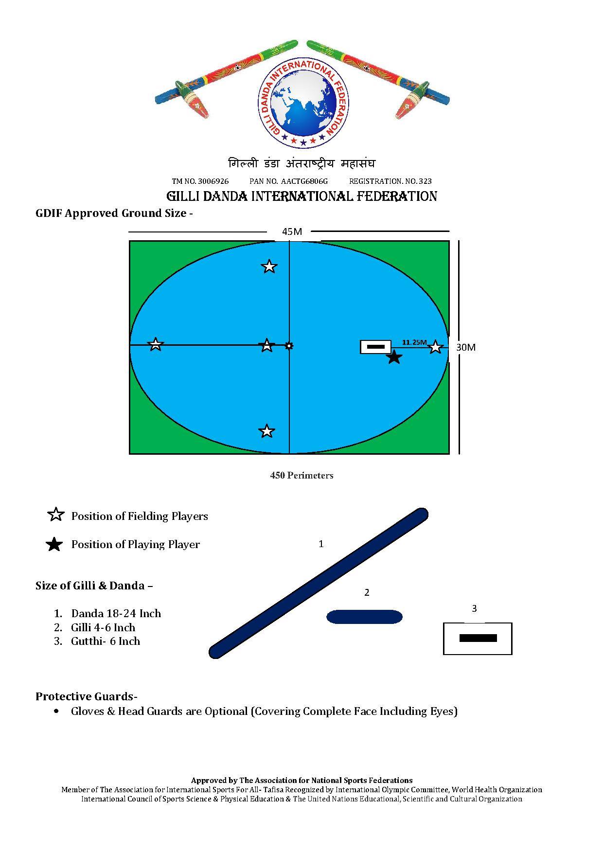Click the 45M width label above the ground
tap(292, 231)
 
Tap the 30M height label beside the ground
tap(466, 347)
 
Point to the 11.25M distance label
tap(414, 342)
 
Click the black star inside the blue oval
tap(394, 358)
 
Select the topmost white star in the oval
tap(269, 267)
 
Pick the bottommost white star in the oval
tap(266, 431)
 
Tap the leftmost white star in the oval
tap(155, 344)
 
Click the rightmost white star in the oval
tap(435, 347)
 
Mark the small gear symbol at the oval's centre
tap(289, 346)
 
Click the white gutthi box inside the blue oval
tap(375, 347)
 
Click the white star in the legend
tap(56, 515)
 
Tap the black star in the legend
tap(54, 544)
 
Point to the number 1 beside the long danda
tap(321, 544)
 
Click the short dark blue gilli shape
tap(364, 617)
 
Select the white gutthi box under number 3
tap(478, 639)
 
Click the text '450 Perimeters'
tap(301, 475)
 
